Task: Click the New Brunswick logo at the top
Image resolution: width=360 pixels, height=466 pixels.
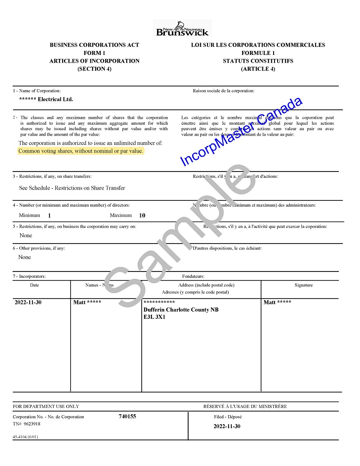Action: (182, 28)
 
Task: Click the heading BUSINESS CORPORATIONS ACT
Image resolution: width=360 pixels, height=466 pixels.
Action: (94, 45)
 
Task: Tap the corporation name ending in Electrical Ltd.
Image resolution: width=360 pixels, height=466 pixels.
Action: (46, 100)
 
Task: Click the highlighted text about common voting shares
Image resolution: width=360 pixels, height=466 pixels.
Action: (81, 151)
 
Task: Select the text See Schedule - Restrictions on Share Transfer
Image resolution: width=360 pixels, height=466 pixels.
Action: (72, 188)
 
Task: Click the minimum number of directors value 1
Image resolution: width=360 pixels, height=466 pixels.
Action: (49, 216)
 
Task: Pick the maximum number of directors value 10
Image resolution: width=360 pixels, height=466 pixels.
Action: (142, 216)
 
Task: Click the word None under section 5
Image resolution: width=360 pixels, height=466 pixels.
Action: (26, 235)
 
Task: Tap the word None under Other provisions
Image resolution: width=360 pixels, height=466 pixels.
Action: (25, 257)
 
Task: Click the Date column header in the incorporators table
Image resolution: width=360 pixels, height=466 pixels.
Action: (35, 285)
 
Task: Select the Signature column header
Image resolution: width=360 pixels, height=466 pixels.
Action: (303, 285)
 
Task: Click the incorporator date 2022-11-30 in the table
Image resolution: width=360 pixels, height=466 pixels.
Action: (28, 303)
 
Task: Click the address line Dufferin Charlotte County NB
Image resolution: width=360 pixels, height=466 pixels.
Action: (181, 310)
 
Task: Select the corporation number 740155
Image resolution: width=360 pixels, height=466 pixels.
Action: (127, 416)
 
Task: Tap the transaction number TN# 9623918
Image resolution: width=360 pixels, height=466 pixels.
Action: (27, 424)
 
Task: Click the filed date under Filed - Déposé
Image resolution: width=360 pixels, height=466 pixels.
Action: (227, 426)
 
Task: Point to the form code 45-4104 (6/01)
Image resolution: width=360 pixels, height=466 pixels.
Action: (25, 437)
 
